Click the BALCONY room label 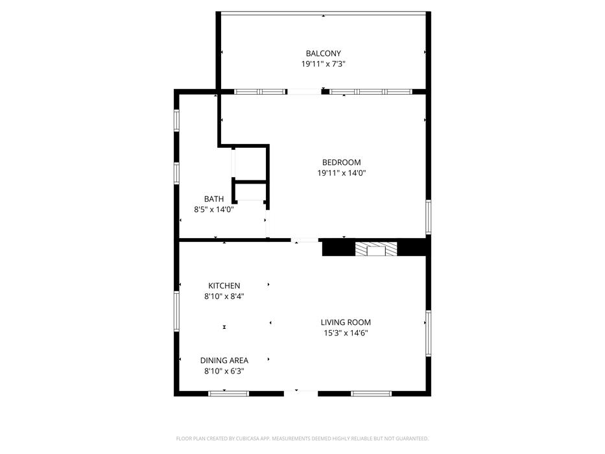pos(324,53)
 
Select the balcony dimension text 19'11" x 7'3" pos(324,64)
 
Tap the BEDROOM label pos(342,162)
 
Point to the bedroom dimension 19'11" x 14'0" pos(342,173)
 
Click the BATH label pos(214,199)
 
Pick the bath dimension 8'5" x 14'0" pos(214,209)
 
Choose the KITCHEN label pos(224,285)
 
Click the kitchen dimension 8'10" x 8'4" pos(224,296)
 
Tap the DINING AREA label pos(224,360)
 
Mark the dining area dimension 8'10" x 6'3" pos(224,371)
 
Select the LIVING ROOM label pos(346,322)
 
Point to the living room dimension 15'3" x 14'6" pos(346,333)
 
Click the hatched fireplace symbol pos(376,249)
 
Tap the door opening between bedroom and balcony pos(304,91)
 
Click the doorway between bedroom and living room pos(305,240)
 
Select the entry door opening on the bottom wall pos(301,394)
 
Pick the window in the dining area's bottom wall pos(228,394)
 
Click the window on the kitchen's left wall pos(177,311)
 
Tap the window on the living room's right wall pos(428,333)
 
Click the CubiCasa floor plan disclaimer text pos(302,438)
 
